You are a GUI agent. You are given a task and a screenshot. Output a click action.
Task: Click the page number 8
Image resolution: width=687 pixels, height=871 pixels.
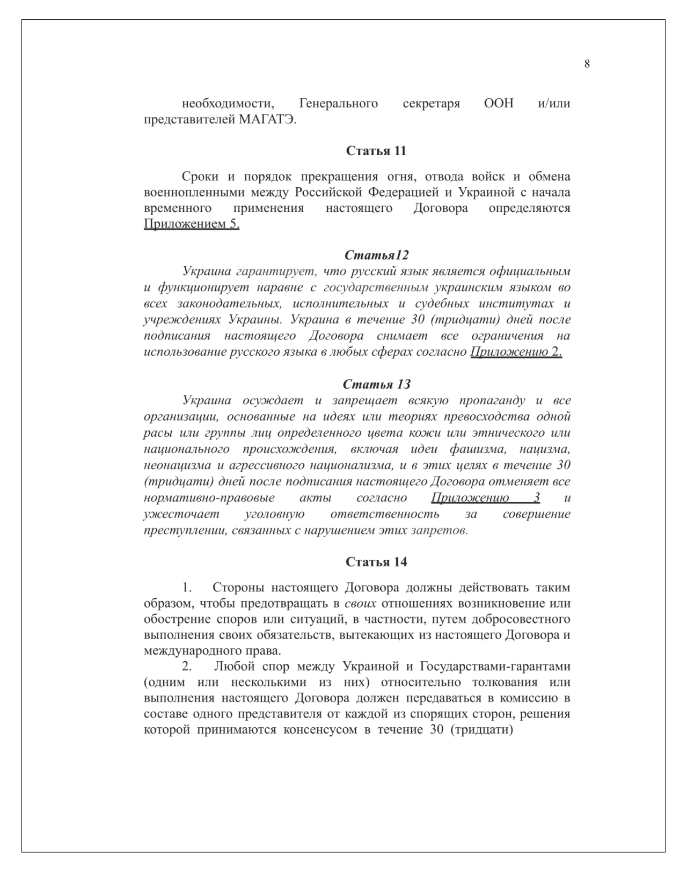pos(587,64)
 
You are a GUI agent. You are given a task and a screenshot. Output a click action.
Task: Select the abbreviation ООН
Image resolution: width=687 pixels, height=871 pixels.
pos(499,103)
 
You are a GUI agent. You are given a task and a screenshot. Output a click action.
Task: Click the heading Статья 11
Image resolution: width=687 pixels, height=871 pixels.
pos(376,151)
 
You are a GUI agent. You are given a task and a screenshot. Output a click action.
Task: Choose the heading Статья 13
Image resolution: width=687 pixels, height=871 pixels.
pos(376,384)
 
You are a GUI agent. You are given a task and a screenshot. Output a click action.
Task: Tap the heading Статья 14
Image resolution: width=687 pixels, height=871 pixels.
pos(376,562)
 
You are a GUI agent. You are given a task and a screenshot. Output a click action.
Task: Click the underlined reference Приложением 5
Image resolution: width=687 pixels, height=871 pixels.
pos(192,224)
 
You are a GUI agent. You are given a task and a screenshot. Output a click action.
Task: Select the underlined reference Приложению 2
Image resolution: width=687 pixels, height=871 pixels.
pos(516,352)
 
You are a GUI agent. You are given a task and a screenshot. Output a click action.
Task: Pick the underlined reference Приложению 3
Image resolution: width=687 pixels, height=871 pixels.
pos(485,497)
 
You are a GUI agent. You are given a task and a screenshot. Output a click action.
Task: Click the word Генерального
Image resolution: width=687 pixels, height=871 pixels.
pos(338,103)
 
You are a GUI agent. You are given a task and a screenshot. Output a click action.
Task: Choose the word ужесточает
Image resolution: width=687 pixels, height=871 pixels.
pos(181,514)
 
